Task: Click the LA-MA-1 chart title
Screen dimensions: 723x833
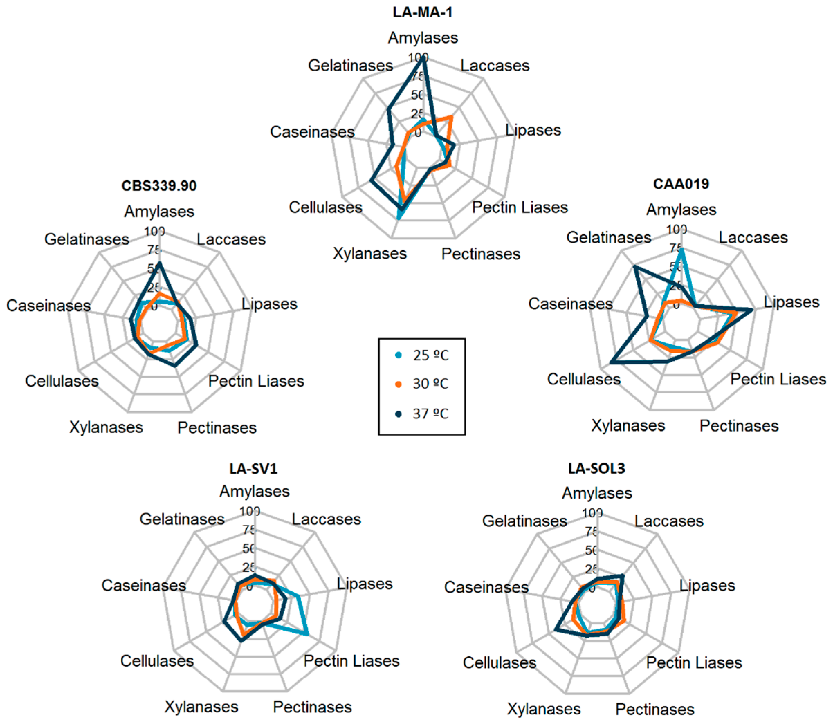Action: [x=423, y=12]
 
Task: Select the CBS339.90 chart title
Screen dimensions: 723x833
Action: [x=159, y=186]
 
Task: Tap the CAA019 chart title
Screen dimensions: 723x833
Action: [x=681, y=184]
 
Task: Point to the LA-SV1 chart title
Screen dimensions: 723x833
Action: [x=254, y=469]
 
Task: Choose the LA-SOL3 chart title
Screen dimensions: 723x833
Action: [x=596, y=469]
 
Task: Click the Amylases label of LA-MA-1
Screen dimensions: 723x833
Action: [x=423, y=38]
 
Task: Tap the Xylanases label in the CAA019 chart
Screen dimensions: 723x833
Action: [x=628, y=426]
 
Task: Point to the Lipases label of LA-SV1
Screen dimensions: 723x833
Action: [x=365, y=584]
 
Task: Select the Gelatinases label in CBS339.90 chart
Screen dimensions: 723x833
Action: [x=87, y=239]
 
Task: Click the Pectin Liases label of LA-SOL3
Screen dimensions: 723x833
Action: [x=694, y=663]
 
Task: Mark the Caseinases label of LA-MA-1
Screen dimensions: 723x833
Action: [x=312, y=132]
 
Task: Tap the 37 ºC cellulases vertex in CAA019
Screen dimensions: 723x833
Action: [x=611, y=363]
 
